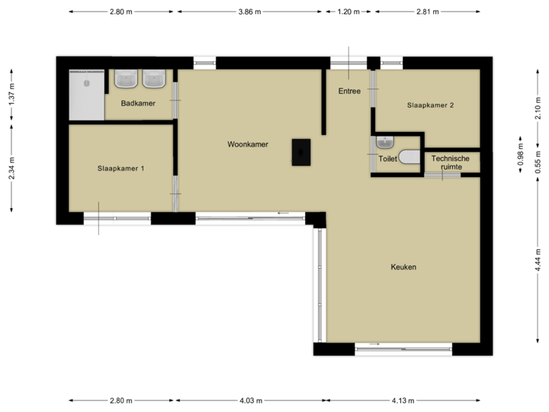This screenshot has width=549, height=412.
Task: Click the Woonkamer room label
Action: click(x=247, y=144)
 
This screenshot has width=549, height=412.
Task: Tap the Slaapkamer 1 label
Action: click(x=120, y=169)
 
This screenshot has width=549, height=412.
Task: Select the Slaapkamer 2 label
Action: click(x=430, y=106)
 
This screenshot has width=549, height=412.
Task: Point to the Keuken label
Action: click(x=403, y=267)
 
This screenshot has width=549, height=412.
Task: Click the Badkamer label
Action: click(x=138, y=103)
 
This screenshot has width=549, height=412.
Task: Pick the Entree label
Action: click(x=349, y=92)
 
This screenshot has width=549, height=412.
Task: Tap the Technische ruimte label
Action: click(x=451, y=163)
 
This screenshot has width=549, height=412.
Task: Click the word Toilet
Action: click(x=387, y=159)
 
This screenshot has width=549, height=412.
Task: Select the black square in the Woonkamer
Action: click(x=302, y=152)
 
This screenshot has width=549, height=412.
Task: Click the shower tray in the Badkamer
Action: click(x=85, y=95)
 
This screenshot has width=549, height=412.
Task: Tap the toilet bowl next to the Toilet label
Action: click(x=409, y=158)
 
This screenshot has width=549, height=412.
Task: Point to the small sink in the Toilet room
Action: click(x=384, y=142)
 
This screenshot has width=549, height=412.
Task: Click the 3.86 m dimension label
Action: click(x=250, y=12)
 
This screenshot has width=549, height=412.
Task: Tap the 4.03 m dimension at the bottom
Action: click(x=250, y=400)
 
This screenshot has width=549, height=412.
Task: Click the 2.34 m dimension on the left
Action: click(x=11, y=168)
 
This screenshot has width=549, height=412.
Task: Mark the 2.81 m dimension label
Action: click(x=427, y=12)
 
